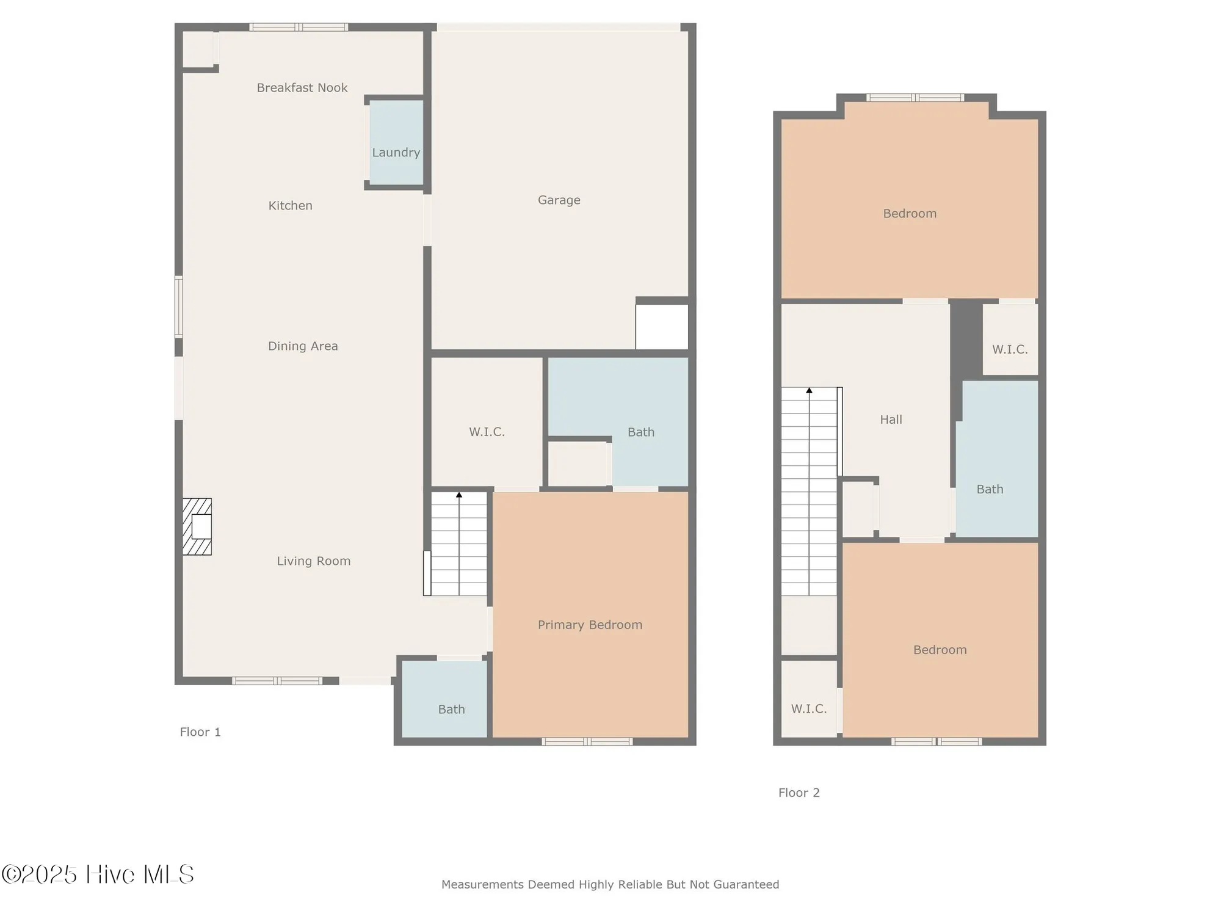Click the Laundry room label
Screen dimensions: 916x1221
point(396,153)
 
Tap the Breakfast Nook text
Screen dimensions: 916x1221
point(302,88)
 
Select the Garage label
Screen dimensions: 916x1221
point(559,200)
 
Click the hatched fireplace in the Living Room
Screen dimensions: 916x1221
point(197,526)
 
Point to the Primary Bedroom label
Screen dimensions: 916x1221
point(590,625)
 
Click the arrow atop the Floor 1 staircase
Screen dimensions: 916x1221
point(459,495)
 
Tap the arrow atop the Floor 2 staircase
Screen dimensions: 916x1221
point(809,390)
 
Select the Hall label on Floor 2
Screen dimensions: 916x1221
point(891,420)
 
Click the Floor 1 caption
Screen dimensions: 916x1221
point(200,732)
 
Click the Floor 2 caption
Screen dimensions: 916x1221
point(799,793)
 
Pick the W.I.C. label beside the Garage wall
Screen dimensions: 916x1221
point(487,432)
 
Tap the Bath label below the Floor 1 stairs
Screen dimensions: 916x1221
point(451,709)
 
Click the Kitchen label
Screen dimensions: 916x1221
point(290,206)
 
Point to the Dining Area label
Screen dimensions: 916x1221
point(303,346)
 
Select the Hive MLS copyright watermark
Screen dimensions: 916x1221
point(98,874)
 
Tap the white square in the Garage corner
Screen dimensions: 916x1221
point(662,327)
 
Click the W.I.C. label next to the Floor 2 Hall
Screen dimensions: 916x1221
point(1010,349)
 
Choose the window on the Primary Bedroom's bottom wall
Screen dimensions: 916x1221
point(587,741)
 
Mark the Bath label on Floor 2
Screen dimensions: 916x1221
point(989,489)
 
